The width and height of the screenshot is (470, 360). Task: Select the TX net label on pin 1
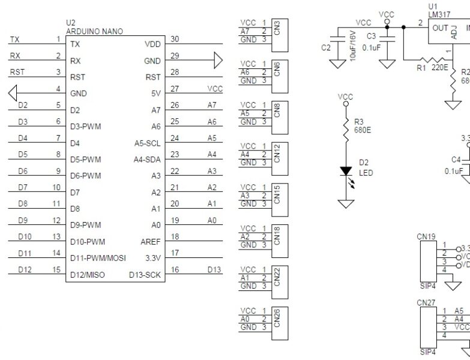point(14,40)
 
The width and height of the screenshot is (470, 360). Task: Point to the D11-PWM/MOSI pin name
point(97,259)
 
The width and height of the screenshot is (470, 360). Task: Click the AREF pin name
point(151,242)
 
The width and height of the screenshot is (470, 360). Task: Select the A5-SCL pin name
point(147,143)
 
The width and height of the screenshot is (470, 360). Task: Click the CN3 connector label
point(277,28)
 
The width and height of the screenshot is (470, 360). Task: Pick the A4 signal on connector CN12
point(245,155)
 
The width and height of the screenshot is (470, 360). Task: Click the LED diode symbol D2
point(346,171)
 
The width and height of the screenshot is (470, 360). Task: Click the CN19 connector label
point(426,236)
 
